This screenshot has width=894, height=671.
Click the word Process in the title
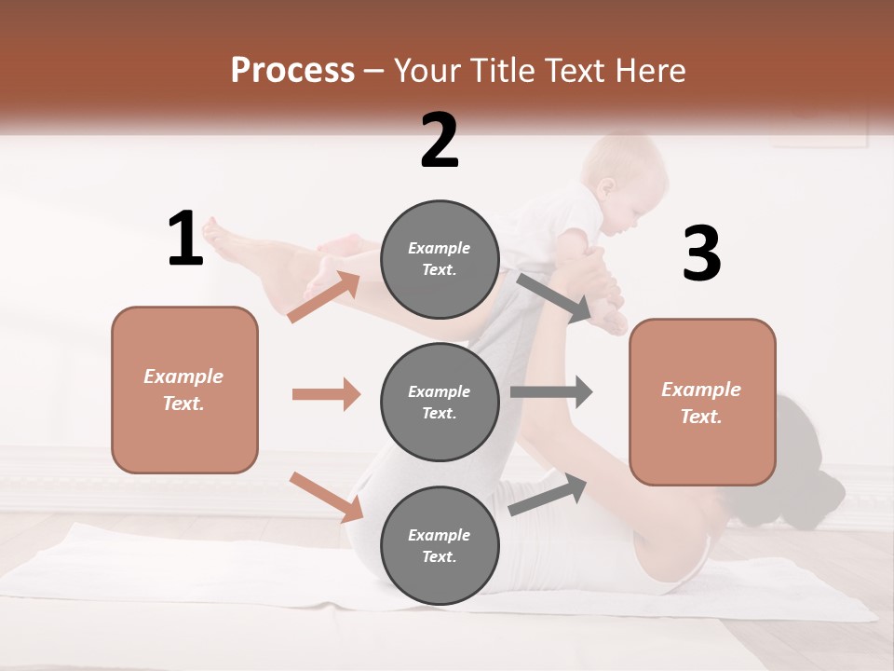click(x=292, y=71)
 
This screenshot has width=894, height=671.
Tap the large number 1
click(x=184, y=240)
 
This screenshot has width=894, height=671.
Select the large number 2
click(x=440, y=140)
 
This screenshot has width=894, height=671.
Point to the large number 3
click(x=701, y=253)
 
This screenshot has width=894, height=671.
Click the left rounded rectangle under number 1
click(x=184, y=390)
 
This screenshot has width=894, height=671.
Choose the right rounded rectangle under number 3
click(x=702, y=402)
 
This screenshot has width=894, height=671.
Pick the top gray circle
click(x=440, y=259)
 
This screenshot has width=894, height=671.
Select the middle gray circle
click(x=440, y=402)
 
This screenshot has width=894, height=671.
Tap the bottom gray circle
click(x=440, y=545)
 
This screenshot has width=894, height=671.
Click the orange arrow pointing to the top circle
click(x=324, y=296)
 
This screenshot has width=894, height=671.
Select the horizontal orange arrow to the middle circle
click(x=326, y=394)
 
